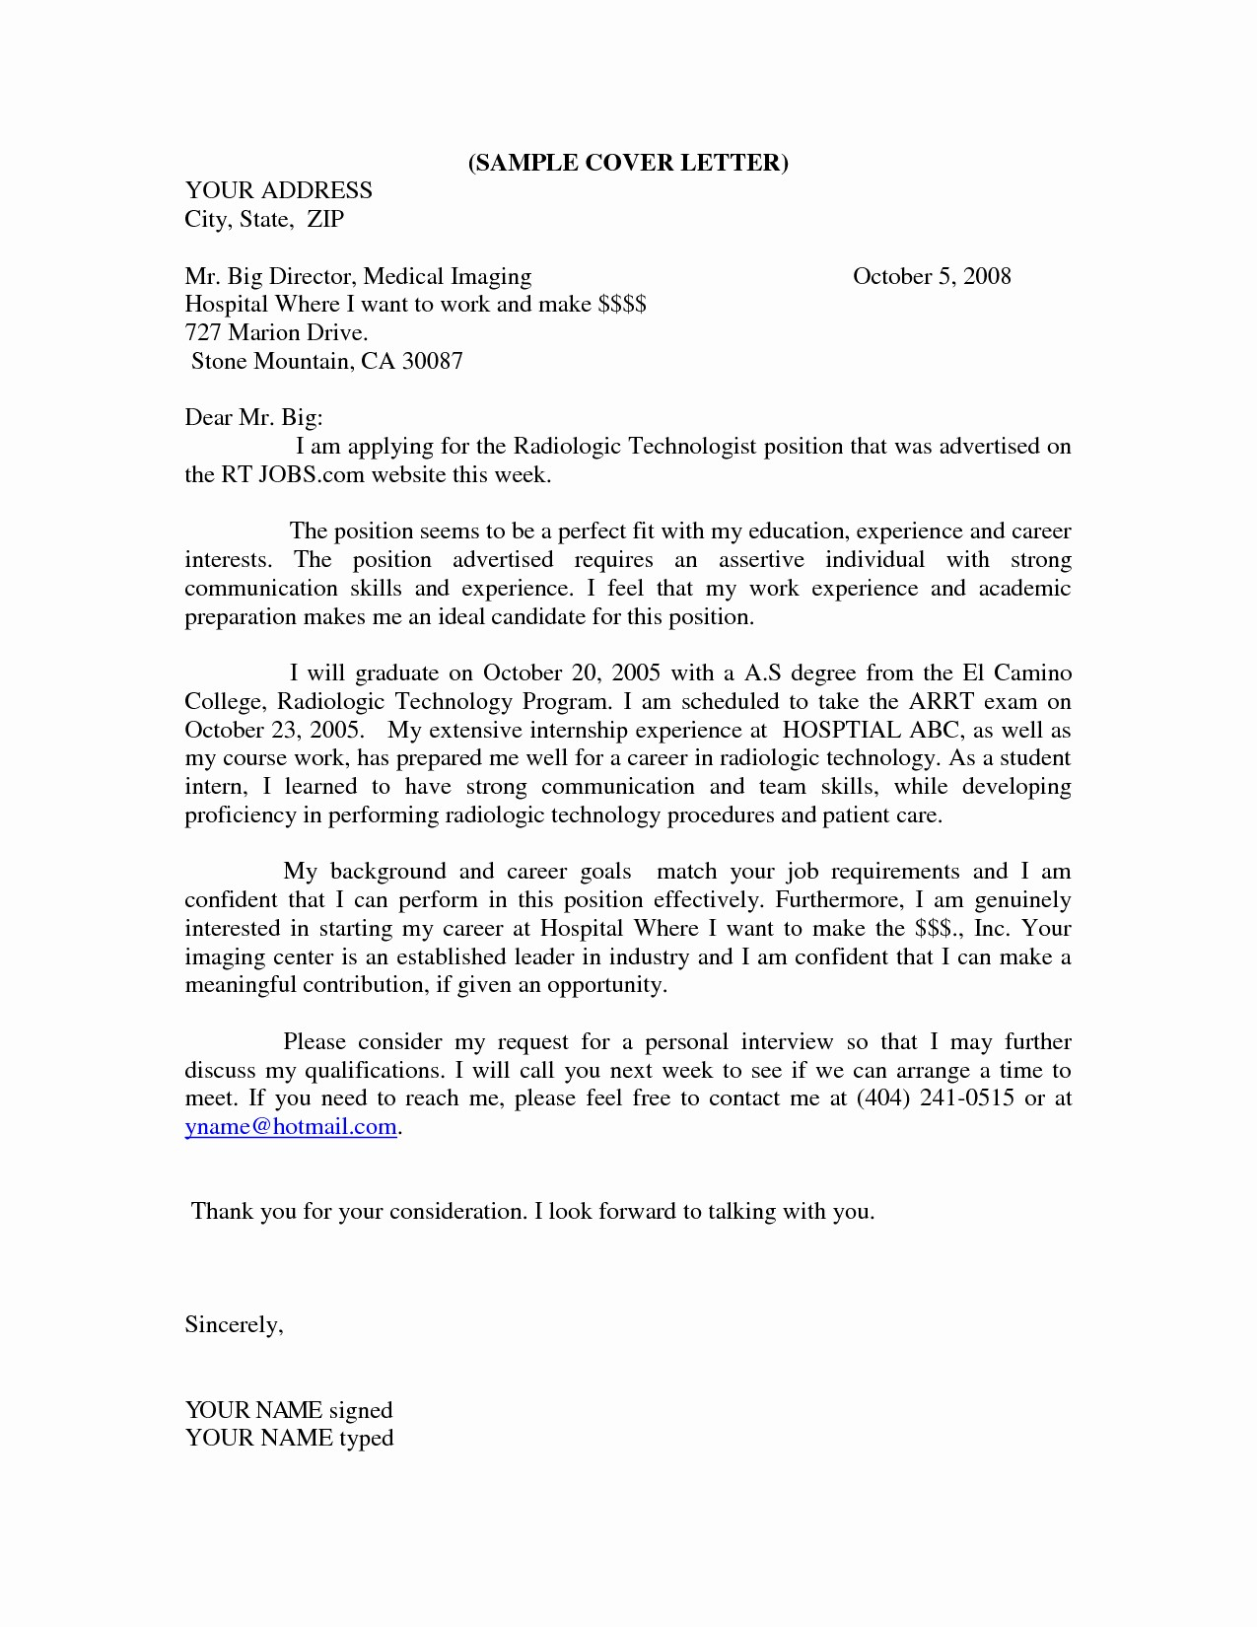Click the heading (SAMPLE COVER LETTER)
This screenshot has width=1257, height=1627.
coord(628,163)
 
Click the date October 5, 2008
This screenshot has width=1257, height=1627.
coord(932,276)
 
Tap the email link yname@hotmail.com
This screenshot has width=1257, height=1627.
coord(291,1127)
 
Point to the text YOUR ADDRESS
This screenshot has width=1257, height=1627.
coord(278,190)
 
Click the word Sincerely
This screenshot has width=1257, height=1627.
coord(234,1325)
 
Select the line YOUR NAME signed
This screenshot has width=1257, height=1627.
coord(289,1410)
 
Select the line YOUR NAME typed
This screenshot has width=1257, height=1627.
coord(289,1439)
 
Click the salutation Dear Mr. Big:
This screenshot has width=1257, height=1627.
coord(253,418)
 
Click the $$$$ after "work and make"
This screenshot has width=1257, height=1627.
coord(621,304)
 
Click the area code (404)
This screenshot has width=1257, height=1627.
coord(879,1098)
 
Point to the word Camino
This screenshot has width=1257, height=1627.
coord(1032,673)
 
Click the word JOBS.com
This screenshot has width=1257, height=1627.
coord(299,475)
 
